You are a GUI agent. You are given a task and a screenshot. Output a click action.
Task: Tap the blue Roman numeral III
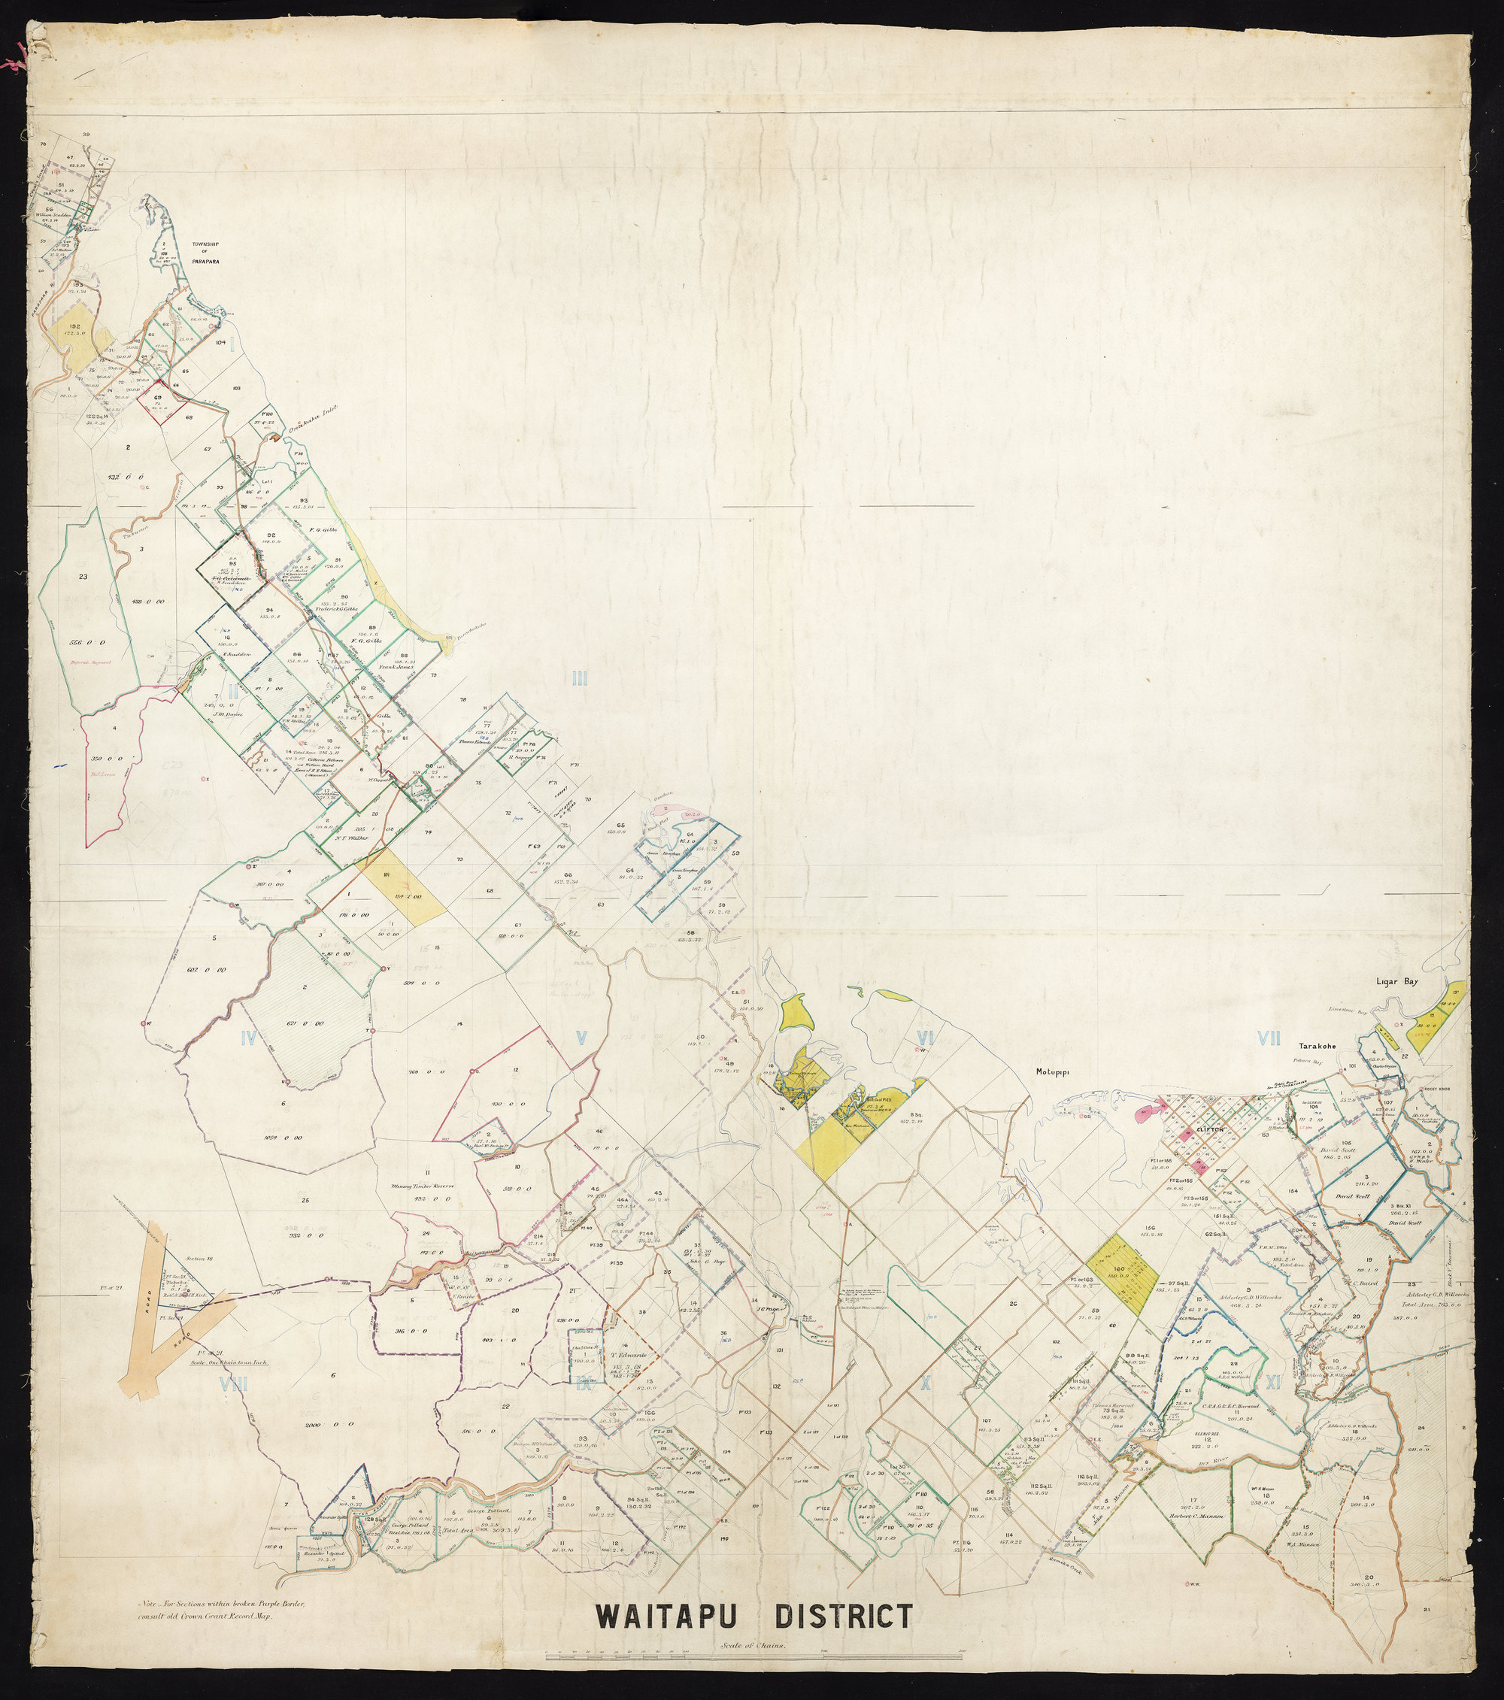pos(579,679)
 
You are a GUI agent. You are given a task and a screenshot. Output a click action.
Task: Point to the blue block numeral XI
pos(1274,1382)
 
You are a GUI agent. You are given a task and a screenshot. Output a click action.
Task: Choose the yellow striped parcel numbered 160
pos(1117,1292)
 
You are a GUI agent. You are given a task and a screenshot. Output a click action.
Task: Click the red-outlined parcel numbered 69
pos(158,399)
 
